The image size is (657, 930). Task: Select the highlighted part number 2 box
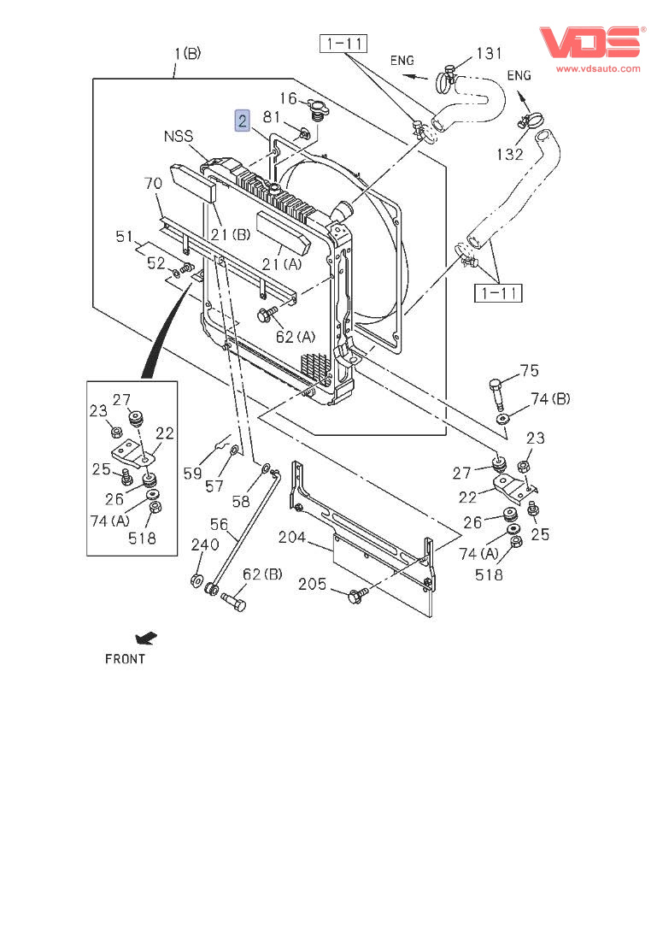click(243, 121)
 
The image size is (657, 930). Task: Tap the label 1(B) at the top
click(187, 54)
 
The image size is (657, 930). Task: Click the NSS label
click(179, 136)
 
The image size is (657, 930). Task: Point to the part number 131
click(489, 54)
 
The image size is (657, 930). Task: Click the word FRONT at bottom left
click(125, 659)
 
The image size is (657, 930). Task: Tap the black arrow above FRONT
click(146, 638)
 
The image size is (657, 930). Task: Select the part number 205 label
click(314, 585)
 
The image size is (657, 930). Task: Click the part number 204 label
click(294, 538)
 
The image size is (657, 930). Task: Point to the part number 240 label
click(204, 544)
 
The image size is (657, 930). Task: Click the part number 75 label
click(530, 370)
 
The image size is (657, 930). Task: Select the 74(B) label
click(550, 398)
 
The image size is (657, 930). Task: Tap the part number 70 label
click(153, 183)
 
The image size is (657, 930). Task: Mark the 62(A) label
click(295, 337)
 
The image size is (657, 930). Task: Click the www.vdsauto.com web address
click(597, 68)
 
